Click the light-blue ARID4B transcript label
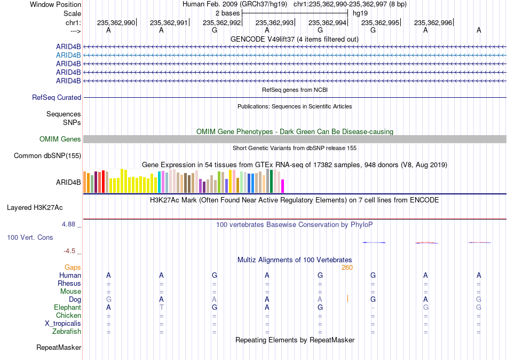[68, 56]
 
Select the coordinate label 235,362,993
[274, 22]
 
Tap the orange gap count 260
[347, 268]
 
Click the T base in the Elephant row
[161, 307]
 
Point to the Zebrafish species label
[67, 332]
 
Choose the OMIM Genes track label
[60, 139]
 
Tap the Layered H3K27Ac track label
[35, 208]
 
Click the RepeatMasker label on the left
[59, 347]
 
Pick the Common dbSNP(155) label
[47, 156]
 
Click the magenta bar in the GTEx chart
[283, 186]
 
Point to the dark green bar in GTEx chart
[272, 181]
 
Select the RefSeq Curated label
[57, 97]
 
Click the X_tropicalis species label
[63, 324]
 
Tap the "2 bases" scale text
[228, 13]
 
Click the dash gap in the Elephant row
[373, 308]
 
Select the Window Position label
[56, 4]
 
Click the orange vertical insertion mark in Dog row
[347, 299]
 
